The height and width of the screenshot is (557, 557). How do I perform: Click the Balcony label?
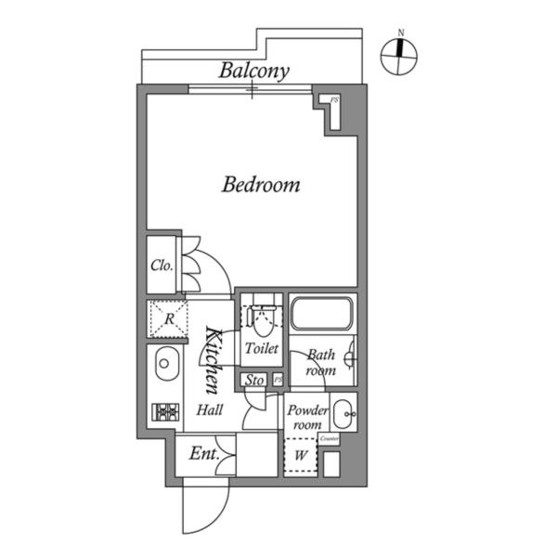coord(254,71)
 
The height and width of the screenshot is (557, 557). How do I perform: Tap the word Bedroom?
coord(260,185)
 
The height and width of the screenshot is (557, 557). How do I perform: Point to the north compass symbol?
coord(400,58)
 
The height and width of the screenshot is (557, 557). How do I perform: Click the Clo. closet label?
coord(162,265)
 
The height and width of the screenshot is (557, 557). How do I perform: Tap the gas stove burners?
coord(165,411)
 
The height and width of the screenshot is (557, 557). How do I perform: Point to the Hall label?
coord(209,410)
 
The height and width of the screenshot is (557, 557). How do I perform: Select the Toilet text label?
coord(261,350)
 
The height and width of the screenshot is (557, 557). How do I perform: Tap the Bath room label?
coord(321,361)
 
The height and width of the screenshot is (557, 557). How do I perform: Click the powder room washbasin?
coord(343,409)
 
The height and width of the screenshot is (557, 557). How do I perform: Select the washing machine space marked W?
coord(301,457)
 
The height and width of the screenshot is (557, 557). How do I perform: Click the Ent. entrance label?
coord(203,454)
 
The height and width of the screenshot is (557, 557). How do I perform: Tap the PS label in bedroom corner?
coord(334,99)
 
